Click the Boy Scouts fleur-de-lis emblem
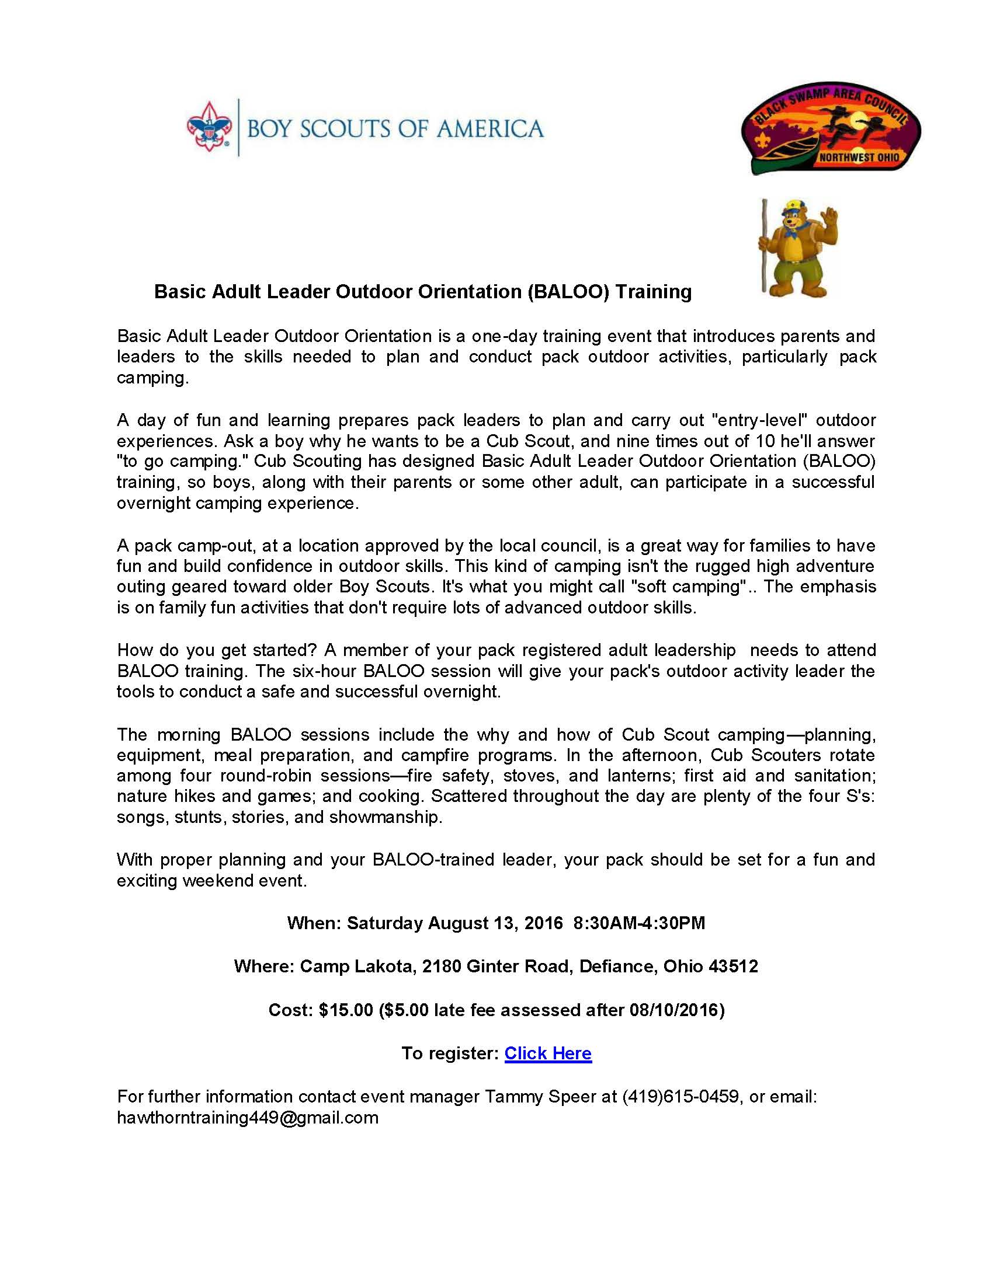pyautogui.click(x=209, y=127)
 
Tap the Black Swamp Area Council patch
pyautogui.click(x=831, y=128)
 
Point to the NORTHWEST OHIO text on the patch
pyautogui.click(x=859, y=157)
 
